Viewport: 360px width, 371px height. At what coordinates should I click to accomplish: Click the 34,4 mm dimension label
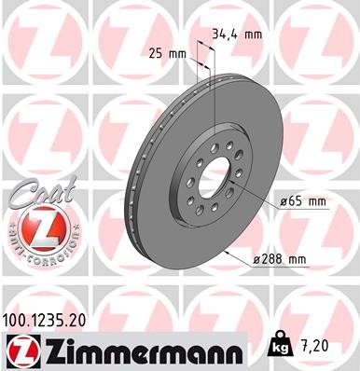[237, 35]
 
